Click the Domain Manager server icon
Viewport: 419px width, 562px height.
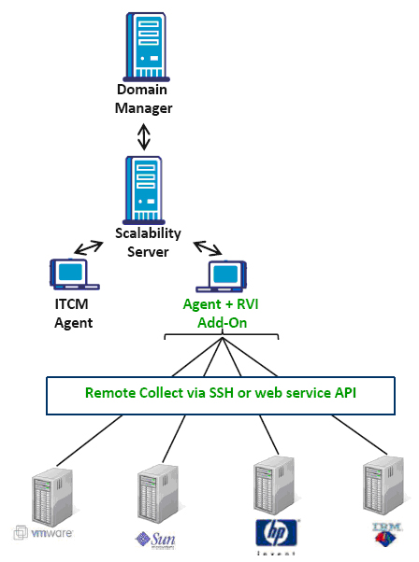click(147, 47)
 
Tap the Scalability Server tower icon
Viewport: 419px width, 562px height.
click(144, 190)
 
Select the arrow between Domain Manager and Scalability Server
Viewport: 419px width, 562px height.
click(144, 136)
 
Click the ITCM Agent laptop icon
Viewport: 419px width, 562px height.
click(75, 274)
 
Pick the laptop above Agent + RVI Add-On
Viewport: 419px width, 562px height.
click(221, 276)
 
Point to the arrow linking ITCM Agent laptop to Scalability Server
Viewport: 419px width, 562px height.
click(89, 247)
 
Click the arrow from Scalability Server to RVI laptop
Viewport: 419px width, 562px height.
click(208, 248)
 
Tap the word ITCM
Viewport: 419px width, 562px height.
click(71, 304)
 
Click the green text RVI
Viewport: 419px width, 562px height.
click(248, 304)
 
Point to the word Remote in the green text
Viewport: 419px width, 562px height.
click(110, 393)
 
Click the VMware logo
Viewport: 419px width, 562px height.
click(43, 533)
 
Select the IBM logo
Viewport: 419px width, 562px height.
click(386, 534)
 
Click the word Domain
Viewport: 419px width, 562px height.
click(142, 90)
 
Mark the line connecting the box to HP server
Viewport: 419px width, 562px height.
click(269, 435)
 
